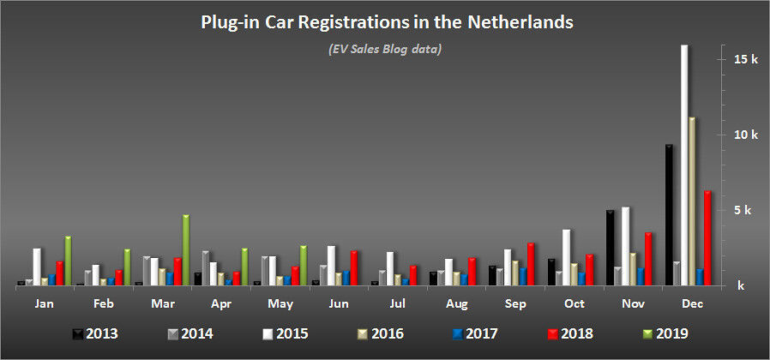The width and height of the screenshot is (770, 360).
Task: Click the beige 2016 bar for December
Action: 691,201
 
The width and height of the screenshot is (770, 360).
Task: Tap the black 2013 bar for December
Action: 668,214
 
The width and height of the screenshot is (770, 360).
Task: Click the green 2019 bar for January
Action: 68,261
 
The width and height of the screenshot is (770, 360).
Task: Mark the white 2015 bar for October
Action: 566,257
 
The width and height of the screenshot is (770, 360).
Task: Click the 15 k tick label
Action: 746,59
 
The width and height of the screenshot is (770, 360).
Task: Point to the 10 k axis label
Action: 746,135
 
